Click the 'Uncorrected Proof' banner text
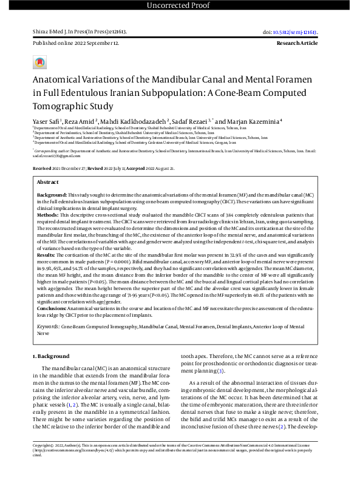point(180,6)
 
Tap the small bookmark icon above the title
point(39,63)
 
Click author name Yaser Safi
point(46,122)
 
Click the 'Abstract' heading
point(48,182)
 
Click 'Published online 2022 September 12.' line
point(75,44)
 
